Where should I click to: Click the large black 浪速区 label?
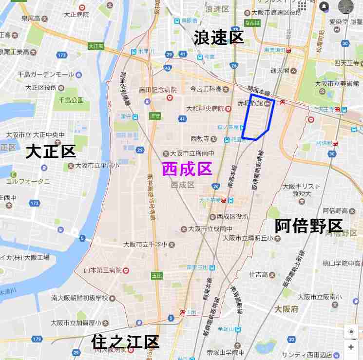tap(219, 38)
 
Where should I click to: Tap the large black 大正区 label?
tap(51, 152)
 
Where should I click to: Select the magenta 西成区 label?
tap(187, 169)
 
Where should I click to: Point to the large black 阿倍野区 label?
tap(308, 226)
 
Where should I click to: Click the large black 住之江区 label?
tap(125, 342)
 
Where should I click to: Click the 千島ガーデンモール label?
tap(46, 74)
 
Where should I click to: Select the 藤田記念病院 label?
tap(157, 90)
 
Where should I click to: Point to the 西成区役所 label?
tap(233, 216)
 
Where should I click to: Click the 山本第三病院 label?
tap(103, 270)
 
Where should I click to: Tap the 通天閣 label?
tap(280, 70)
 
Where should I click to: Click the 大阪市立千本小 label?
tap(145, 244)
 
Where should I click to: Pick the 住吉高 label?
tap(259, 274)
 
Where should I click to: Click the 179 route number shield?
tap(37, 339)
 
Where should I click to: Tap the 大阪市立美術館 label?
tap(337, 83)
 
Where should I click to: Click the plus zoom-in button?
tap(351, 347)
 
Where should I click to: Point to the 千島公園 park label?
tap(71, 100)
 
